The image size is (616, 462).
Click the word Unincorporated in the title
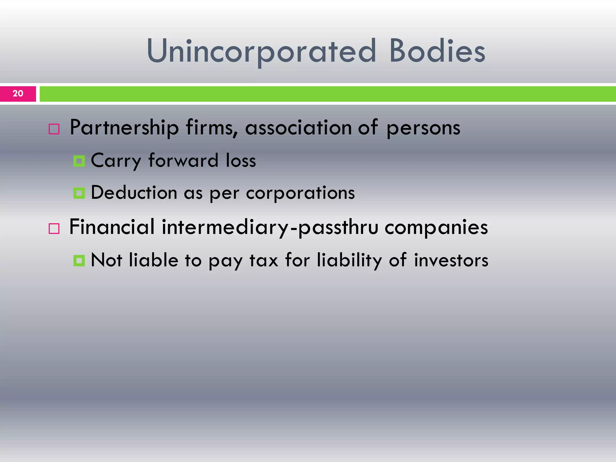[x=261, y=51]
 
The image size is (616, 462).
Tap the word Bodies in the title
[x=437, y=51]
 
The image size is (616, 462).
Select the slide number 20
[x=18, y=94]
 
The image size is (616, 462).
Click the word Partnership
[x=124, y=128]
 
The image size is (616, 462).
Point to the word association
[x=298, y=128]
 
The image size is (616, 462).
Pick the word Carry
[x=115, y=161]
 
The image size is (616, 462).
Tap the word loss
[x=241, y=160]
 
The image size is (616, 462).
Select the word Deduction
[x=134, y=193]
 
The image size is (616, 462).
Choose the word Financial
[x=112, y=227]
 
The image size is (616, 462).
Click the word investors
[x=451, y=260]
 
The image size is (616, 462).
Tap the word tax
[x=264, y=260]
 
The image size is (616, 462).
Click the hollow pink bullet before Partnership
[x=54, y=129]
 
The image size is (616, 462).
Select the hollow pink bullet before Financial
[x=54, y=229]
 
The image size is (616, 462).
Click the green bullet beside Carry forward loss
[x=79, y=161]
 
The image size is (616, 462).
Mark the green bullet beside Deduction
[x=79, y=193]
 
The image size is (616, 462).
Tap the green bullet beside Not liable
[x=79, y=260]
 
